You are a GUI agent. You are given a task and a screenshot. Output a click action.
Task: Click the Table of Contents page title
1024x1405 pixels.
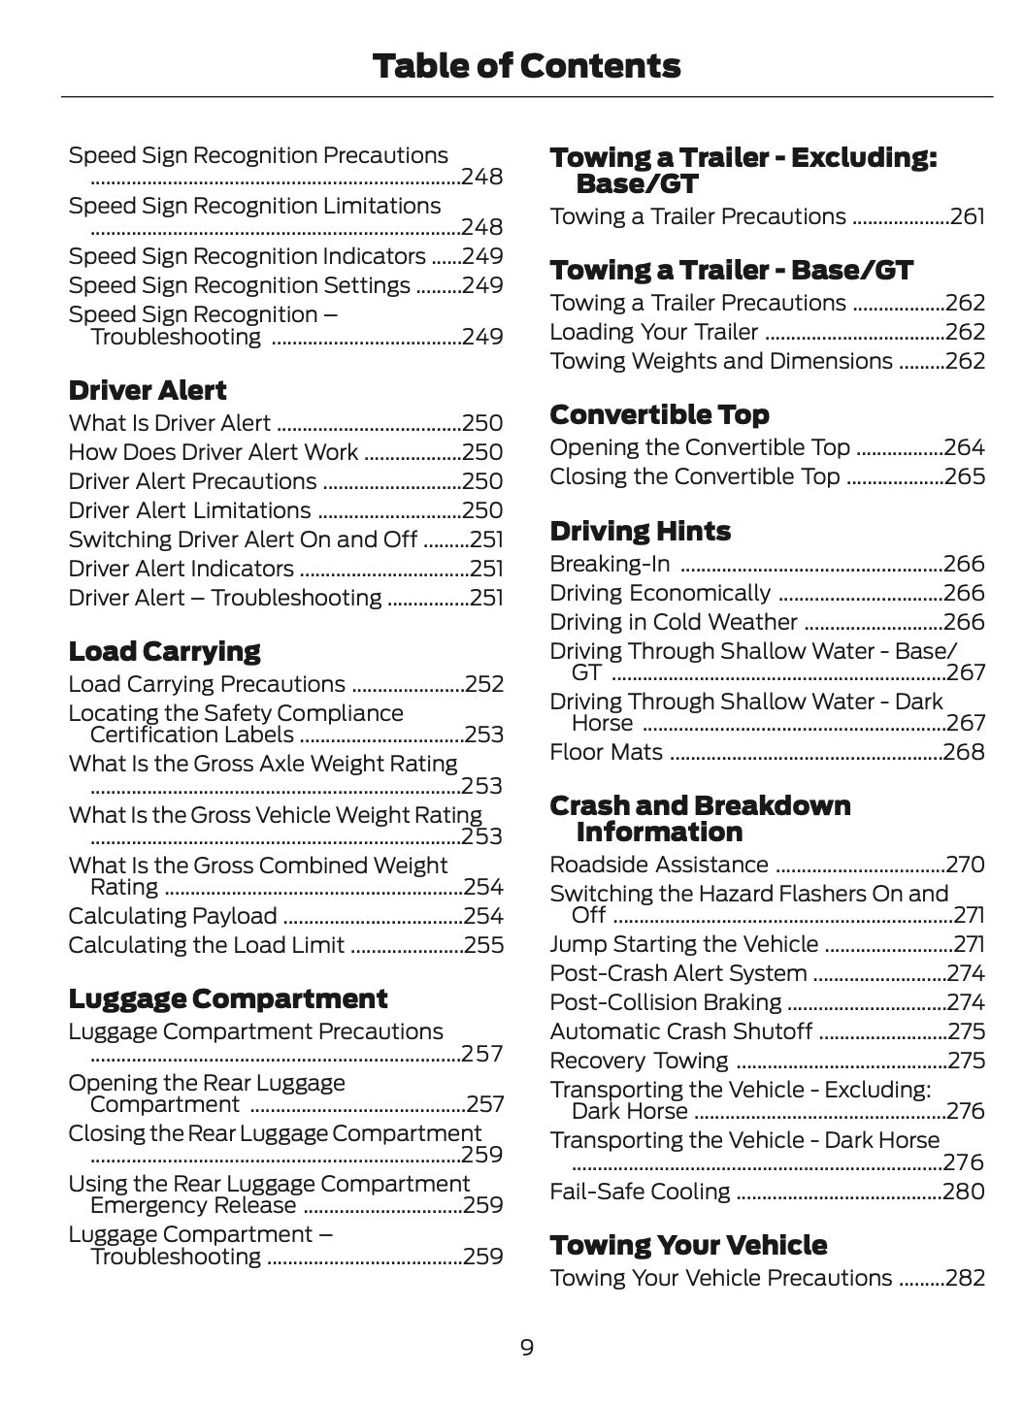coord(526,66)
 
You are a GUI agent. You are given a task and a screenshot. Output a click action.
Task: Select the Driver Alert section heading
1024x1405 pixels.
coord(147,391)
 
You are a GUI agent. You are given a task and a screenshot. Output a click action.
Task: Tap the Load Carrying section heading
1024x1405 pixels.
coord(164,651)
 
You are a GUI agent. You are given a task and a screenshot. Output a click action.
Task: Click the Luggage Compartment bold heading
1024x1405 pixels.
coord(227,998)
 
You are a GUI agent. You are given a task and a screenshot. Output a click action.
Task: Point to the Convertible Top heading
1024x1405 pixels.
coord(659,415)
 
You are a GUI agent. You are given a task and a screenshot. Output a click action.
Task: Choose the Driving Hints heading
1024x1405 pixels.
coord(640,532)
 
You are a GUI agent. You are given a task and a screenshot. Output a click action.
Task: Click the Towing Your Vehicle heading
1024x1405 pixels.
coord(688,1245)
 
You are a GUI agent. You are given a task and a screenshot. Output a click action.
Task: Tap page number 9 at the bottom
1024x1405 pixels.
coord(526,1347)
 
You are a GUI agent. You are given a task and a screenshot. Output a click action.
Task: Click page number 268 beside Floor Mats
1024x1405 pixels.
coord(964,752)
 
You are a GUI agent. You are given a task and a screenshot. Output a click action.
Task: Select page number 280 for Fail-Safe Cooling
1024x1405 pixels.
coord(964,1192)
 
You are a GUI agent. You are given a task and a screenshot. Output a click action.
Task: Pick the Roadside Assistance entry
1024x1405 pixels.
coord(658,865)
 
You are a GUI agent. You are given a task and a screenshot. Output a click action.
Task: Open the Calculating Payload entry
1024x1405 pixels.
coord(173,916)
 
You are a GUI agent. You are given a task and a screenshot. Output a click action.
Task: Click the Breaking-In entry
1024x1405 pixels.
coord(609,564)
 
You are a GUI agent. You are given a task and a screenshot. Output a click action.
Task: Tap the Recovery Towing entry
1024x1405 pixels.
coord(639,1061)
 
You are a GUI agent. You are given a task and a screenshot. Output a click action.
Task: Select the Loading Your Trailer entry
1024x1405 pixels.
coord(653,332)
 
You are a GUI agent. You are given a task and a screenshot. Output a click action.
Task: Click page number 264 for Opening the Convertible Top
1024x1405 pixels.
coord(964,447)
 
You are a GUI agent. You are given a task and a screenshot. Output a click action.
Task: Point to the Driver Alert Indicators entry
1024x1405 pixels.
coord(181,569)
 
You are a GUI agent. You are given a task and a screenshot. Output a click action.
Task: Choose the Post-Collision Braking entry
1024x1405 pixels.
coord(665,1002)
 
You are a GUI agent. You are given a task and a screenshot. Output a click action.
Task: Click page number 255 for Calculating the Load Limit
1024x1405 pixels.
coord(483,945)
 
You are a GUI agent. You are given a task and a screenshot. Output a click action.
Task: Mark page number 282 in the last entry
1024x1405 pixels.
coord(965,1278)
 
